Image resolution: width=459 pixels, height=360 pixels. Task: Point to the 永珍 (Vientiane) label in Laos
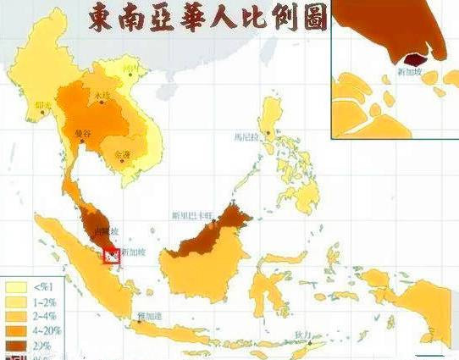coord(102,94)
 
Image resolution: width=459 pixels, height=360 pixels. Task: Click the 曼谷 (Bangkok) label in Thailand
coord(81,135)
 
